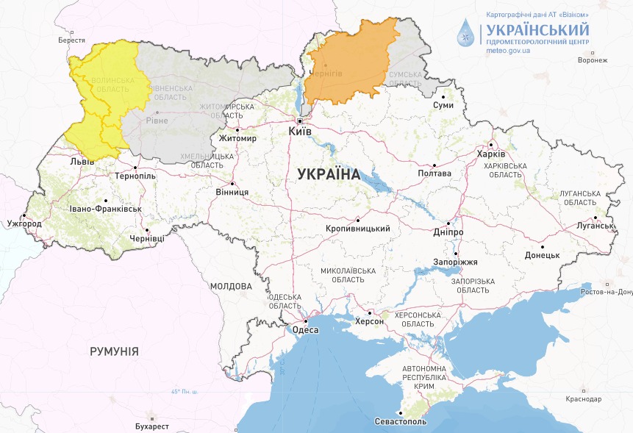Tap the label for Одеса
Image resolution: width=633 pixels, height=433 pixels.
tap(306, 330)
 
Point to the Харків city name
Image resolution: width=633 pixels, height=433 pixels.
tap(491, 154)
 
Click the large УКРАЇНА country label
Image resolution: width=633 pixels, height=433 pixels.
tap(329, 175)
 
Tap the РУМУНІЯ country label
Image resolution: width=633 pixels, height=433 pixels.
tap(114, 351)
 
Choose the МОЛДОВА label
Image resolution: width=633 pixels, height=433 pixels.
tap(230, 286)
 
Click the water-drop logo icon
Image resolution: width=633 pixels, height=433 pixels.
tap(465, 33)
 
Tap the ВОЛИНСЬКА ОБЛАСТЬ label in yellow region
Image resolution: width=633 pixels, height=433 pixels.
tap(112, 85)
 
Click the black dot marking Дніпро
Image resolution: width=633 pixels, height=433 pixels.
tap(448, 223)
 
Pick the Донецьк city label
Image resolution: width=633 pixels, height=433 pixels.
tap(543, 255)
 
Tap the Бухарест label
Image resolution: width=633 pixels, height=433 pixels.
tap(152, 426)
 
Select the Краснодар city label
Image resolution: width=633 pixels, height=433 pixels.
tap(584, 399)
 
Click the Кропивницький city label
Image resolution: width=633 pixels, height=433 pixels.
tap(357, 229)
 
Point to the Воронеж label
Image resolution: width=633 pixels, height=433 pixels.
tap(593, 60)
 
